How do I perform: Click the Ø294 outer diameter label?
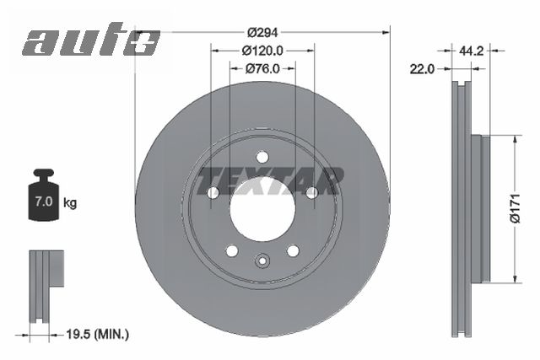pos(262,31)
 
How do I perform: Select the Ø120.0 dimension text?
pos(262,51)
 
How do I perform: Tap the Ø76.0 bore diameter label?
pos(262,69)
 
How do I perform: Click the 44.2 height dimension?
pos(470,51)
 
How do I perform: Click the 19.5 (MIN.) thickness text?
pos(97,335)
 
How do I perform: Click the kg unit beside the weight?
pos(70,203)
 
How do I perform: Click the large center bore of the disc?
pos(262,207)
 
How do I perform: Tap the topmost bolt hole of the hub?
pos(262,156)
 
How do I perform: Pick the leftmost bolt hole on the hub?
pos(213,192)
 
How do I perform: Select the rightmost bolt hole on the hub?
pos(311,192)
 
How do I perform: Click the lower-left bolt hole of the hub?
pos(232,250)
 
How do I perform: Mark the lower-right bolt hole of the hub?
pos(293,250)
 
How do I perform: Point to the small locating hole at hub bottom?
pos(262,260)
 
